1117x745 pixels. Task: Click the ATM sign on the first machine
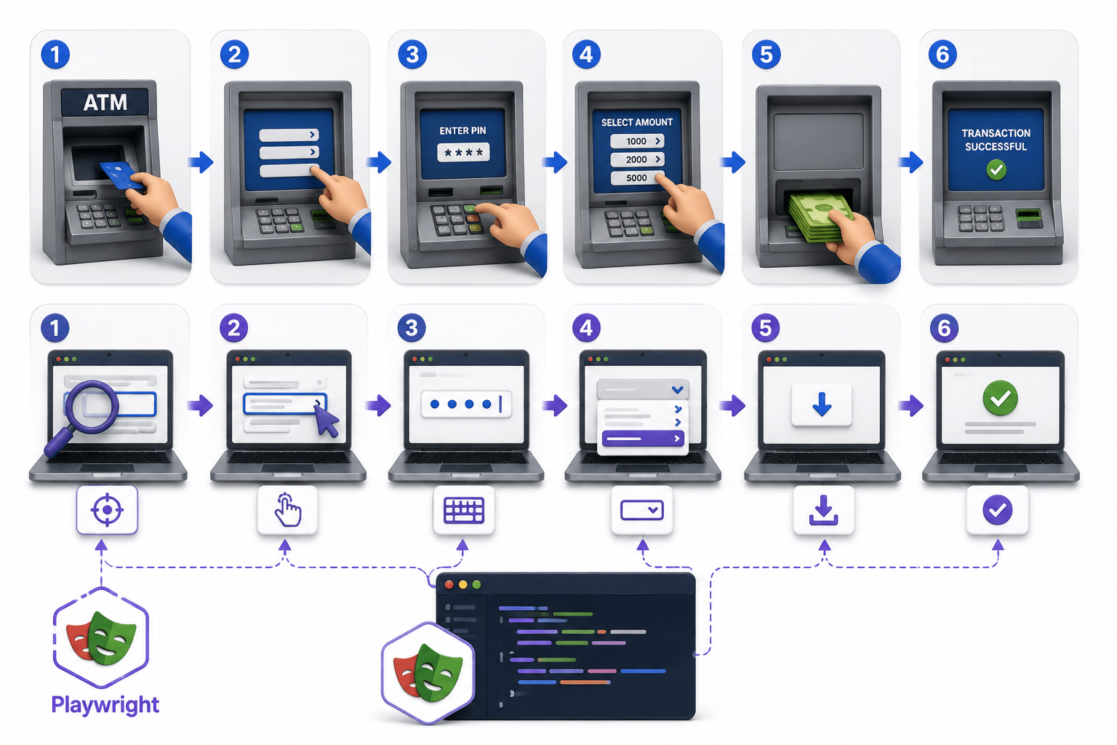(105, 103)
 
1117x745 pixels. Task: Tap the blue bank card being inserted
(120, 175)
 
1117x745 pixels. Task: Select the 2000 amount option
(637, 159)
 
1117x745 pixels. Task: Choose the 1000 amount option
(637, 141)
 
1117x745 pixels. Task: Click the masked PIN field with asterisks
(463, 152)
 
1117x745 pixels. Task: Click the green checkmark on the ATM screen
(996, 170)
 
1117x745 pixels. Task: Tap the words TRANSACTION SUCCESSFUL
(996, 140)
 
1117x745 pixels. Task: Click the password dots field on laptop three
(466, 404)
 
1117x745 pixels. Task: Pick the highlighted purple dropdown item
(643, 438)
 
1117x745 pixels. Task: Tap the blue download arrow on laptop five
(822, 405)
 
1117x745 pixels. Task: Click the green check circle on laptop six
(1000, 398)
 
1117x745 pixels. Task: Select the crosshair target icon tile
(107, 510)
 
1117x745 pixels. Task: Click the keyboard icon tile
(464, 510)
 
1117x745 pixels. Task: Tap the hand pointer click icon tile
(287, 510)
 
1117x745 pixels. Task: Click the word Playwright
(105, 704)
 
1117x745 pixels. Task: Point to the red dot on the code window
(449, 584)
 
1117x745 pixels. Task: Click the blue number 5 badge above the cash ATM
(766, 55)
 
